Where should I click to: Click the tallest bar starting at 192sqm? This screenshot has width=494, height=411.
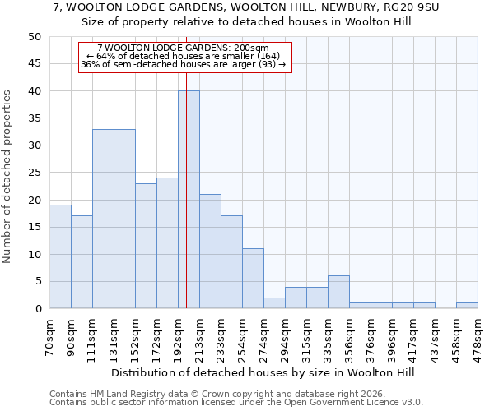pyautogui.click(x=189, y=200)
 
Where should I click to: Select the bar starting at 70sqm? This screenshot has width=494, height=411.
pyautogui.click(x=60, y=256)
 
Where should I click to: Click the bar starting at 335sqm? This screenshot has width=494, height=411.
pyautogui.click(x=338, y=292)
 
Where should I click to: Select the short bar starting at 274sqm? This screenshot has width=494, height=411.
pyautogui.click(x=274, y=303)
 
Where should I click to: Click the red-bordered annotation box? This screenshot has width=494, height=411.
pyautogui.click(x=185, y=57)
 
